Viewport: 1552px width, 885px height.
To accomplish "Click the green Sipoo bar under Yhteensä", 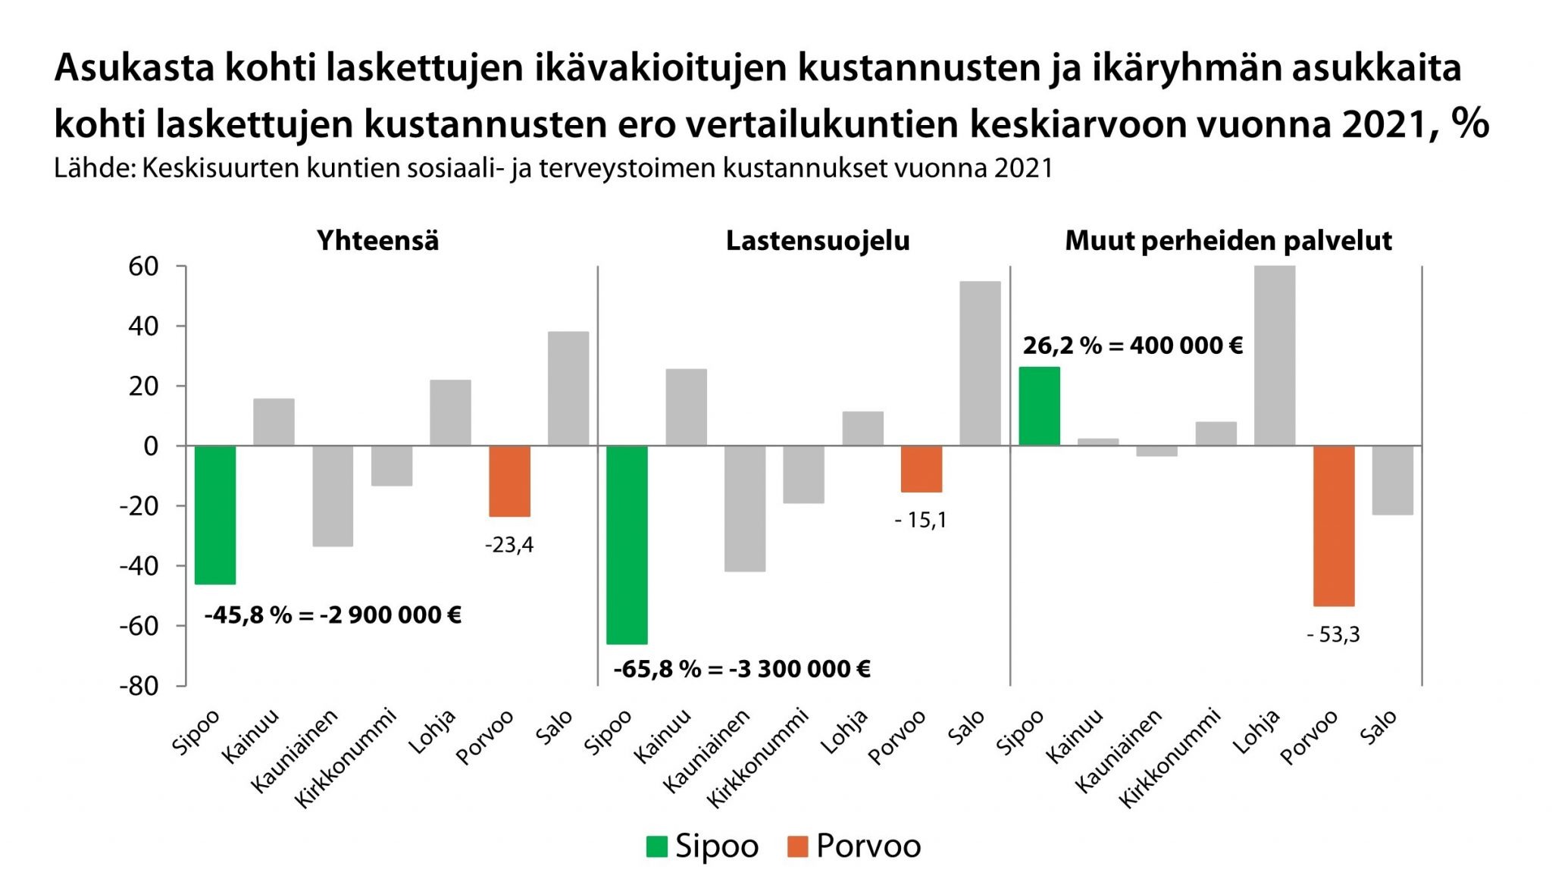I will point(215,514).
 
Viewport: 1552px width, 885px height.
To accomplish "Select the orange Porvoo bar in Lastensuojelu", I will point(921,469).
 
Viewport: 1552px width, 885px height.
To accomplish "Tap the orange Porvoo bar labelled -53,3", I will point(1334,526).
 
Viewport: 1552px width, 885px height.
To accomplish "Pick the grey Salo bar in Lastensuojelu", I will point(980,364).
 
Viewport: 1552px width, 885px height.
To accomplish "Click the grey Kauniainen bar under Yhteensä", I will point(333,496).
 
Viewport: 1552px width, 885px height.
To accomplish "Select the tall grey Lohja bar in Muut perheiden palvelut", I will point(1275,355).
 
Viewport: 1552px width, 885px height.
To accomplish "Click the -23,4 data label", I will point(509,545).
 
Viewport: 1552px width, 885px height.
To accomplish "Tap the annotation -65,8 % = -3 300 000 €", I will point(741,669).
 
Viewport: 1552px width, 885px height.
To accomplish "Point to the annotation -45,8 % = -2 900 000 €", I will point(333,614).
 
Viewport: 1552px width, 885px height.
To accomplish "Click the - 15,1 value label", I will point(921,520).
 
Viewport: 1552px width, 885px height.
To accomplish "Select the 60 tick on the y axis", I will point(143,267).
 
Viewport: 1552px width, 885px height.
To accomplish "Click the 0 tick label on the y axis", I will point(151,446).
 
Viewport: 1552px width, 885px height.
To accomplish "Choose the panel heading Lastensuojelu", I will point(818,241).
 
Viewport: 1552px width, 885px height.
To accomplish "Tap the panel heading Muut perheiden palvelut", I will point(1228,241).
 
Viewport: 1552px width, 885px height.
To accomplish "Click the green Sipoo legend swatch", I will point(656,846).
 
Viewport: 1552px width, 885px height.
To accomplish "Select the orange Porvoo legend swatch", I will point(798,846).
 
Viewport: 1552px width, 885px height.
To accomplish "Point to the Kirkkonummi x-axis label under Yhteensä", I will point(346,758).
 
